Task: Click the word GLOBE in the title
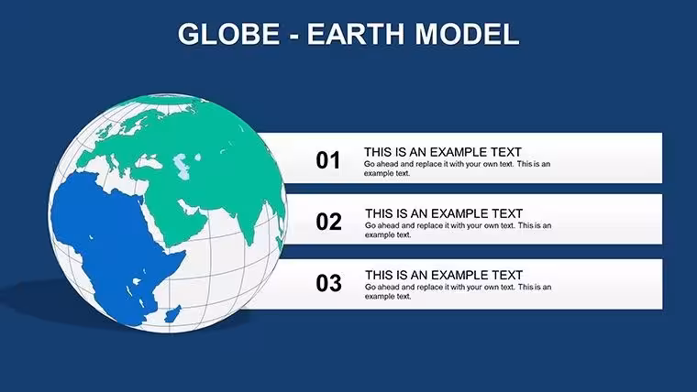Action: click(x=229, y=34)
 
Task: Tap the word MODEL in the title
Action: click(x=467, y=34)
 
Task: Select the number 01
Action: click(x=328, y=160)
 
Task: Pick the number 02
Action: click(x=328, y=222)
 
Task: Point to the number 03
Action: click(x=328, y=283)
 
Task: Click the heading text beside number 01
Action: click(x=443, y=152)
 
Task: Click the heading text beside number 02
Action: click(x=444, y=213)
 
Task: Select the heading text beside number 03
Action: click(x=444, y=275)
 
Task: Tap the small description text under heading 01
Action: click(x=457, y=169)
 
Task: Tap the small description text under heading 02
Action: click(x=458, y=230)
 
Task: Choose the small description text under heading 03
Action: click(x=458, y=291)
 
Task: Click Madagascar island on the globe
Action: click(x=173, y=314)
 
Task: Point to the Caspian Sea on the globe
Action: click(x=182, y=166)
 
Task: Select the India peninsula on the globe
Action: click(x=249, y=222)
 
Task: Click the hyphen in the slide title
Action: click(x=293, y=36)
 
